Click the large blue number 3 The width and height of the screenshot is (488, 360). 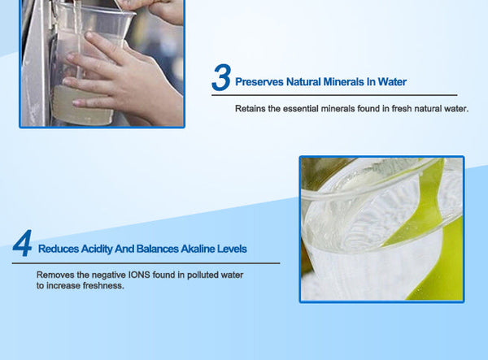[220, 78]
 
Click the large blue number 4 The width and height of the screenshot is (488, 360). [23, 245]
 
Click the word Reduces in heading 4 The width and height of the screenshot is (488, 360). [58, 249]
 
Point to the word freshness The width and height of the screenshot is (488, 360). [103, 286]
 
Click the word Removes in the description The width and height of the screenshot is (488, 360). [54, 275]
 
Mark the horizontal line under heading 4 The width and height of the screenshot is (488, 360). [146, 262]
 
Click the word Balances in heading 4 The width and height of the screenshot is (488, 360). [158, 249]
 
